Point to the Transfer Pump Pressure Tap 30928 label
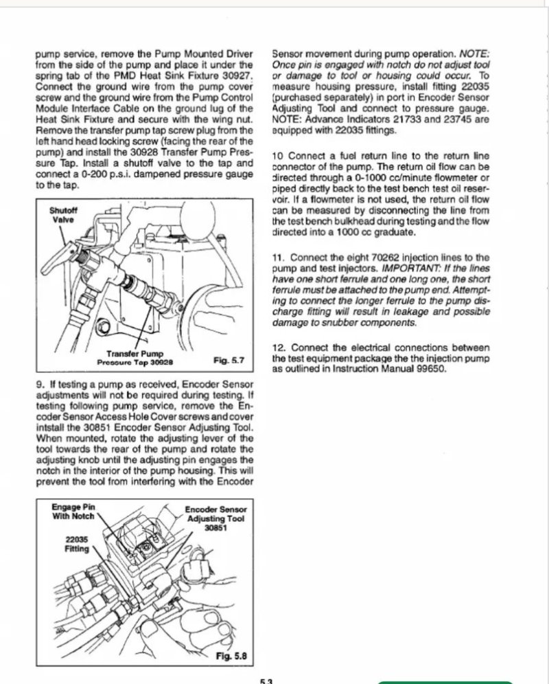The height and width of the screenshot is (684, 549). pos(140,357)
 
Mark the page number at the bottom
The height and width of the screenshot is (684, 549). pos(266,680)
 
